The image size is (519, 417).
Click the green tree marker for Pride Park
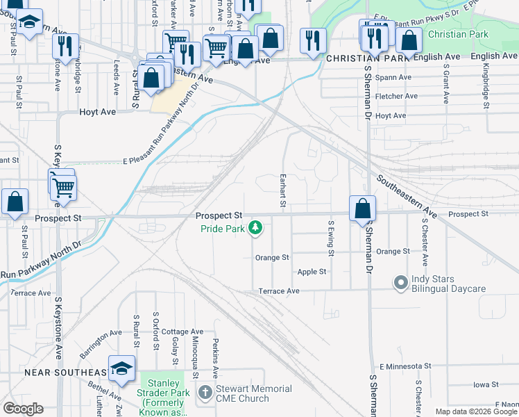pos(256,227)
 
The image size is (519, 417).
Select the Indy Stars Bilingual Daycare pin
pos(400,283)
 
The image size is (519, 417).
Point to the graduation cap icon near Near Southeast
pos(121,370)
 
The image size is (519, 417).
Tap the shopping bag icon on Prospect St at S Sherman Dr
pos(362,208)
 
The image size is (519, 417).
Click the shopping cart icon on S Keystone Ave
pos(63,186)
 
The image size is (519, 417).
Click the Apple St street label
pos(312,272)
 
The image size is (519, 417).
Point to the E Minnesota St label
pos(405,366)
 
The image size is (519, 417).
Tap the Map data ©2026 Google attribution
pos(475,411)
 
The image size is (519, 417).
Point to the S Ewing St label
pos(332,238)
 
